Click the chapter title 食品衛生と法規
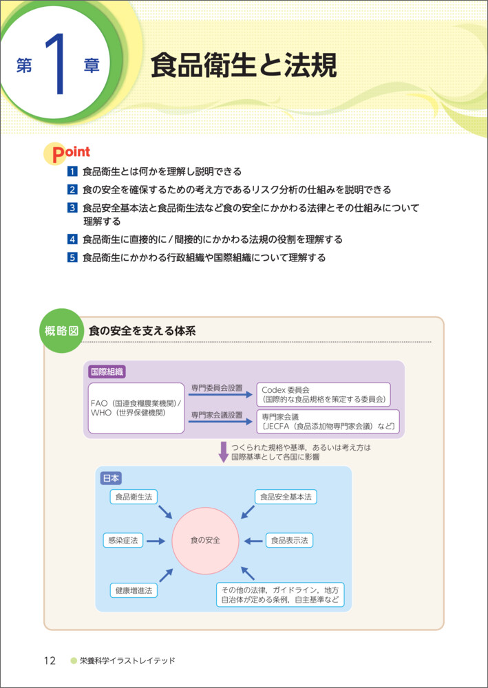pos(244,67)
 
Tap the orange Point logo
pos(67,153)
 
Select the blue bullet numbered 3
pos(72,207)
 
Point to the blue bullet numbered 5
pos(72,258)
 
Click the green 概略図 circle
pos(62,331)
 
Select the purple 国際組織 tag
pos(107,372)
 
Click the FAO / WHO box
pos(136,408)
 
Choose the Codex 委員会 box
pos(323,394)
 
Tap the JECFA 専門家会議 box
pos(327,422)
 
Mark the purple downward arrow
pos(223,452)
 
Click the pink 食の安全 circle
pos(205,540)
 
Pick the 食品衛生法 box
pos(134,496)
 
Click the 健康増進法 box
pos(134,590)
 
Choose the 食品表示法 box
pos(289,540)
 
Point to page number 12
pos(50,661)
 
